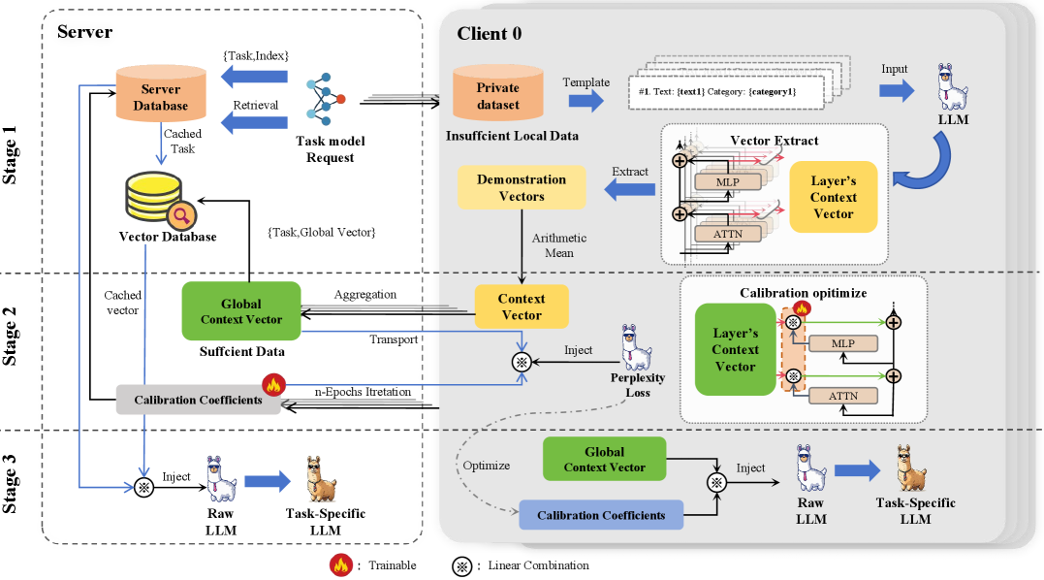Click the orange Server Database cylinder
tap(161, 93)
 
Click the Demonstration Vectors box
tap(522, 187)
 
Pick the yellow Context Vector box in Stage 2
tap(522, 306)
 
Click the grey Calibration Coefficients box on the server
tap(197, 399)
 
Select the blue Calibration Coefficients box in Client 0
tap(601, 515)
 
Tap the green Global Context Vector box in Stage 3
tap(605, 459)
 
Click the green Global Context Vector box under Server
tap(241, 310)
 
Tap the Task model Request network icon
tap(327, 100)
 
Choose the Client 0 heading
tap(490, 34)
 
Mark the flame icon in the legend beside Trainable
tap(340, 564)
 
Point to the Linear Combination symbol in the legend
tap(461, 564)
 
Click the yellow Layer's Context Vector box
tap(834, 197)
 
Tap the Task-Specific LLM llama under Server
tap(316, 477)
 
